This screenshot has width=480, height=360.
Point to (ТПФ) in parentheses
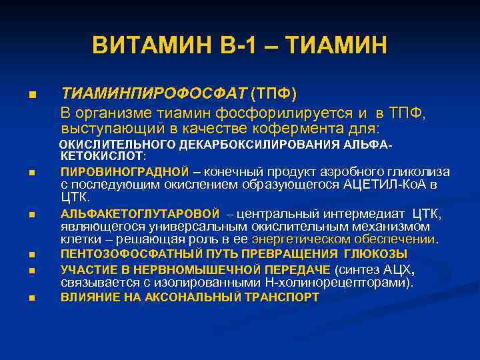click(x=273, y=92)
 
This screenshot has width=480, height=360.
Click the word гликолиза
click(x=423, y=171)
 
